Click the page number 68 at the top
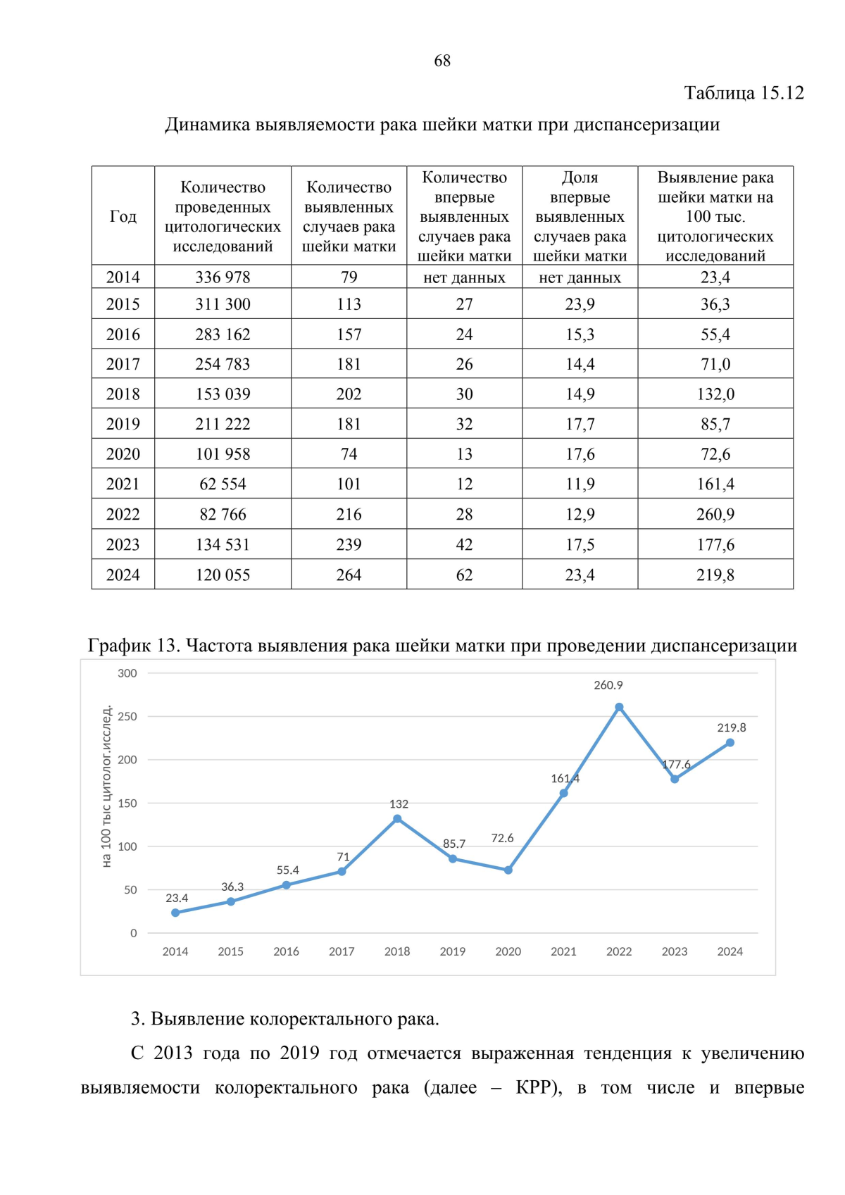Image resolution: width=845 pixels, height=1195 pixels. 442,61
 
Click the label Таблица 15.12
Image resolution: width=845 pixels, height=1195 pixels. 744,93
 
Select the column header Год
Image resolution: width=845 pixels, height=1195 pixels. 123,216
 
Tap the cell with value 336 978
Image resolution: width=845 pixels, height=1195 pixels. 223,277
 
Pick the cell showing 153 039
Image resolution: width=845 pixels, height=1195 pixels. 223,394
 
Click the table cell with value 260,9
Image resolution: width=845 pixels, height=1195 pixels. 715,515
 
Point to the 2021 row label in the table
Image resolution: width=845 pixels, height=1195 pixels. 123,484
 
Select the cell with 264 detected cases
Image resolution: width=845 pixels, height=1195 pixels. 349,575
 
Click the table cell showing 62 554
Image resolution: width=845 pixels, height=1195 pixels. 223,484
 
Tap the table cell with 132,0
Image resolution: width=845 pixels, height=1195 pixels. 715,394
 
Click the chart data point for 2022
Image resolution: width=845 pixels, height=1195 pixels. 619,707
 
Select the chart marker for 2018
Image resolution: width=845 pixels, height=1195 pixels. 397,819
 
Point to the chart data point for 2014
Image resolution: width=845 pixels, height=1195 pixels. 175,913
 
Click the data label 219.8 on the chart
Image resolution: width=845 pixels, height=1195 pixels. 732,728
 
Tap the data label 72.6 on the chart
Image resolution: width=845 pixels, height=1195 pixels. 502,838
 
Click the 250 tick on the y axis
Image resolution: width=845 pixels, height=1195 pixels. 127,717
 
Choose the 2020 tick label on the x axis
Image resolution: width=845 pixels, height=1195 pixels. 508,952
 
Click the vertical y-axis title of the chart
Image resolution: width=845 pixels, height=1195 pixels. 106,786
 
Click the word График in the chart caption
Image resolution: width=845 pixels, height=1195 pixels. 118,646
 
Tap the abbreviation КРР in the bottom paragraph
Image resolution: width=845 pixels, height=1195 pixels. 536,1088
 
